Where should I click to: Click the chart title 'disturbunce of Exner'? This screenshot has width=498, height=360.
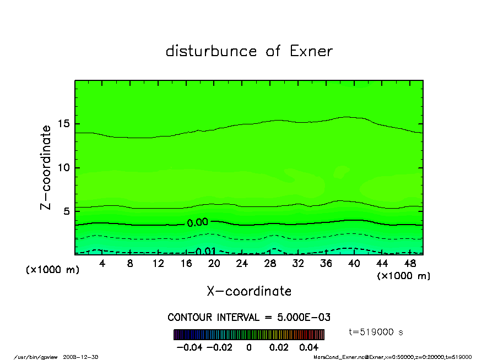249,51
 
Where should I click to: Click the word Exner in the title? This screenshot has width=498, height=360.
311,51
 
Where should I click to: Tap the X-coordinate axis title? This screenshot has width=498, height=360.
249,291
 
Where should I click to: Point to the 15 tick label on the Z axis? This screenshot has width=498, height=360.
64,124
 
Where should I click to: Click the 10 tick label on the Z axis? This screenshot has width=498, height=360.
64,168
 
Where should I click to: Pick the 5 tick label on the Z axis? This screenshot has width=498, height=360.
67,211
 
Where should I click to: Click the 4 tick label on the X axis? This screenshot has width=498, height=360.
102,264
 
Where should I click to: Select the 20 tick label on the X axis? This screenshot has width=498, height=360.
214,264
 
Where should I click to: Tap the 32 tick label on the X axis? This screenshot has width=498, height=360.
298,264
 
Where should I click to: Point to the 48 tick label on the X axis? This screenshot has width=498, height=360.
409,264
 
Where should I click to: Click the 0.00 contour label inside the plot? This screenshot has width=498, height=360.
197,223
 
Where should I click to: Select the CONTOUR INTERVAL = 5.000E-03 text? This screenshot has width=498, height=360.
249,318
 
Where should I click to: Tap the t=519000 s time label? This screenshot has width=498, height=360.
377,332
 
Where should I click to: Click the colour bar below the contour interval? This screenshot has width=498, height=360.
249,335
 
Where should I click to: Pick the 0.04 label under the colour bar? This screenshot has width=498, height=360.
308,348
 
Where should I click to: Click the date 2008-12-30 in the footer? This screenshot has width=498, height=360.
84,357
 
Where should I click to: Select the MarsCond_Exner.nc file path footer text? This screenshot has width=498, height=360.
392,357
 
